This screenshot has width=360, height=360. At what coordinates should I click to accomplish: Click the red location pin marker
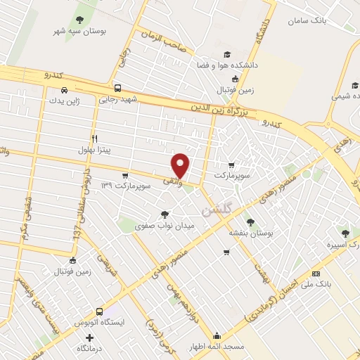(x=181, y=165)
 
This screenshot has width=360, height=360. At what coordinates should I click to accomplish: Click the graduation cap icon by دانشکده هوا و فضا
(x=226, y=54)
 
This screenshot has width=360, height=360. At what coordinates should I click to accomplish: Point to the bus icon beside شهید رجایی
(x=117, y=89)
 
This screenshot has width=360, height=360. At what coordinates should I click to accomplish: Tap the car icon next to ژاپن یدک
(x=64, y=90)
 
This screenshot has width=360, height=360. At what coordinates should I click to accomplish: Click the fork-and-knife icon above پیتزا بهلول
(x=94, y=139)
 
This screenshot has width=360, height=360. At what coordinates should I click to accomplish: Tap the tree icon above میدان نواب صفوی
(x=165, y=214)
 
